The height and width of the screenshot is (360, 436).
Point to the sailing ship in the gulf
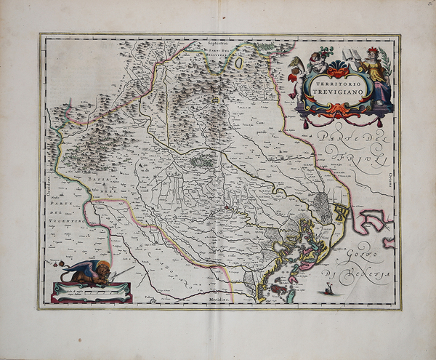click(332, 289)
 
